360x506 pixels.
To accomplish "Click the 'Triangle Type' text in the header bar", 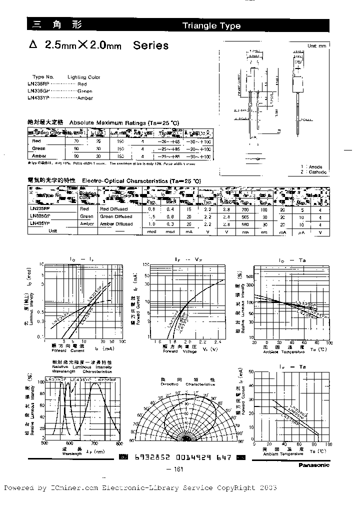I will [x=211, y=26].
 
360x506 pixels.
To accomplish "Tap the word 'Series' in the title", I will [x=150, y=45].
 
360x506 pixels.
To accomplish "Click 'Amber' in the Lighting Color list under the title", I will [x=85, y=99].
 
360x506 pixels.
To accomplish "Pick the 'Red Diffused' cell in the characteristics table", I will [x=114, y=209].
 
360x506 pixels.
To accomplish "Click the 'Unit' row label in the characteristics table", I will [x=53, y=231].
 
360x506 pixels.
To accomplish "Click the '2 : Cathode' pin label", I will [x=313, y=172].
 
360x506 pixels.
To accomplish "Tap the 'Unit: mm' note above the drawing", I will [x=316, y=45].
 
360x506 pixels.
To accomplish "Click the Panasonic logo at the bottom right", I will [x=314, y=464].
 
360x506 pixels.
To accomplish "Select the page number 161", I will [x=179, y=469].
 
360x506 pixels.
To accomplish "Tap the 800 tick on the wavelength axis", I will [x=119, y=443].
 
